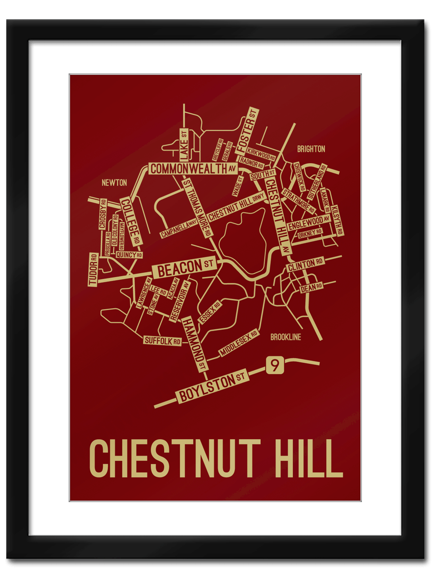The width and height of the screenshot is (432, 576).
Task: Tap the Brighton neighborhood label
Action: click(x=311, y=149)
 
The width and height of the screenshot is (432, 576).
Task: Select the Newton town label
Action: click(x=114, y=183)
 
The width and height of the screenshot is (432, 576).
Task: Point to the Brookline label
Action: click(x=286, y=337)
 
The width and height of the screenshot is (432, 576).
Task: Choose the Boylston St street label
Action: click(x=213, y=387)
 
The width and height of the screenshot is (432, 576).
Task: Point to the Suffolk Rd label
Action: click(x=163, y=341)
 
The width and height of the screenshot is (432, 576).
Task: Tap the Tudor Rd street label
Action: click(x=94, y=269)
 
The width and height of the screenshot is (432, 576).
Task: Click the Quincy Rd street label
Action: click(x=129, y=255)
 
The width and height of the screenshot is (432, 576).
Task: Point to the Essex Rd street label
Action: click(x=210, y=312)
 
